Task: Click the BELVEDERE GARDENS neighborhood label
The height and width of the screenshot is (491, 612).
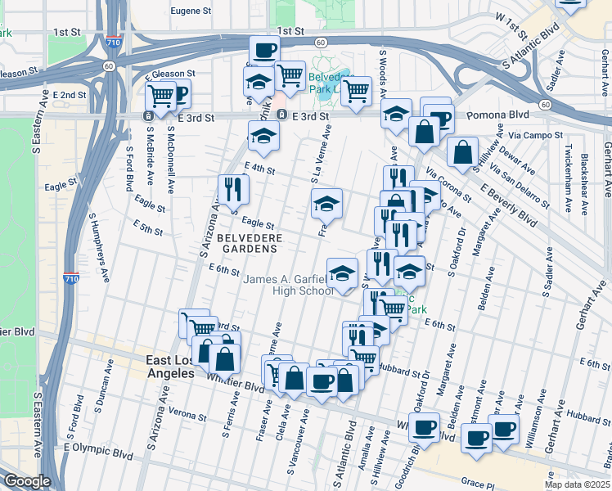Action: tap(250, 244)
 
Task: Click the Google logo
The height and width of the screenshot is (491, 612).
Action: tap(26, 481)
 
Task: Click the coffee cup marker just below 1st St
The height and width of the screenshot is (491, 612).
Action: tap(264, 51)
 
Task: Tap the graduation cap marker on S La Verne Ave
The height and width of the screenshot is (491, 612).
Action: tap(326, 203)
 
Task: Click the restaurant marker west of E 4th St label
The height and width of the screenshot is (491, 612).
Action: tap(233, 190)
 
